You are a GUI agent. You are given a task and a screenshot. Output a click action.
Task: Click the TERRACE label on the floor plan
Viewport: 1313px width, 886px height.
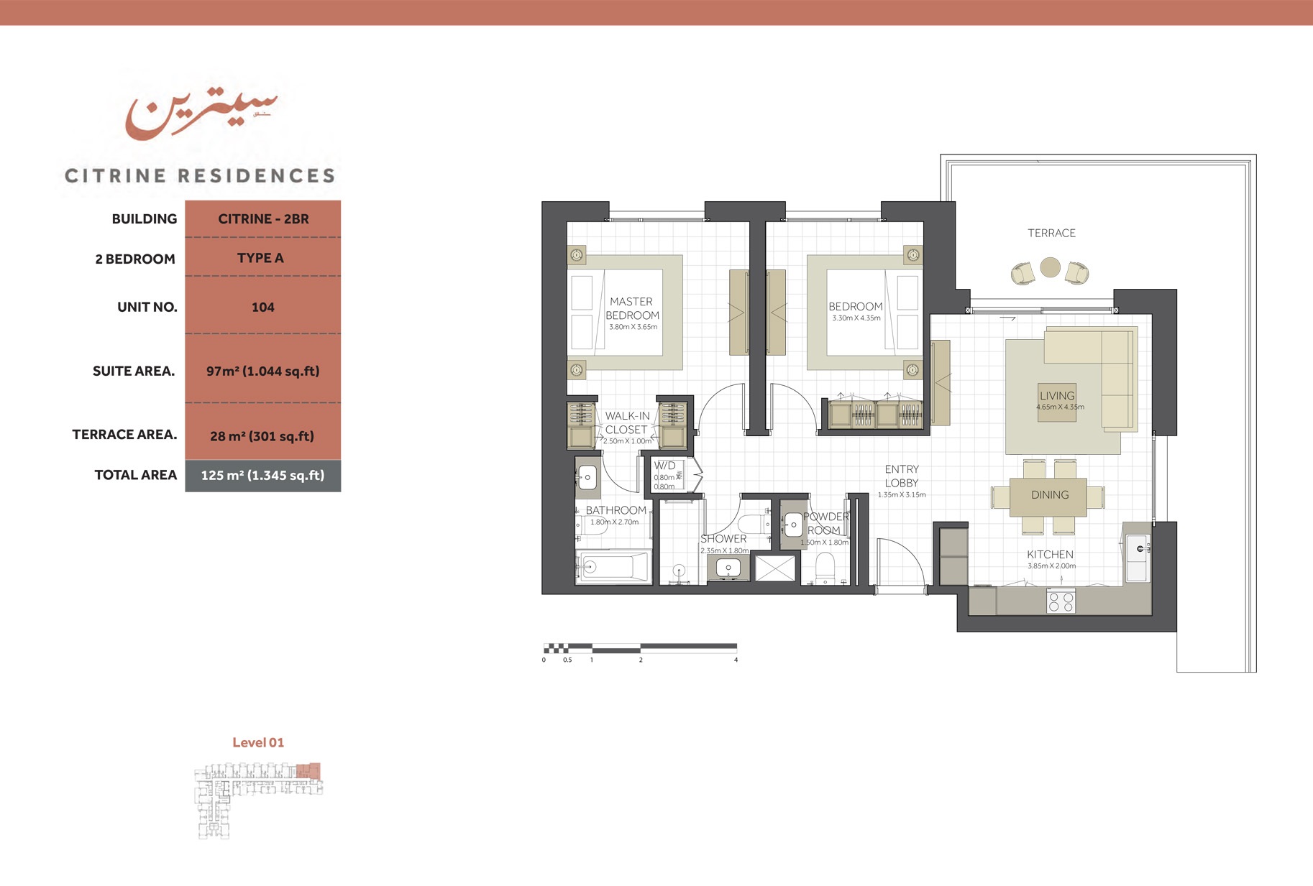click(x=1051, y=233)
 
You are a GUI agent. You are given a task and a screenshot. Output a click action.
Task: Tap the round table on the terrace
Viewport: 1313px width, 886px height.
click(x=1050, y=267)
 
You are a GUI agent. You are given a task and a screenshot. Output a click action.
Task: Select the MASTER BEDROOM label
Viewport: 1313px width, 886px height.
click(x=631, y=308)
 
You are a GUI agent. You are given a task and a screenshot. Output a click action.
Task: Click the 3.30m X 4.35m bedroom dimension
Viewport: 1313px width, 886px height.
click(x=856, y=318)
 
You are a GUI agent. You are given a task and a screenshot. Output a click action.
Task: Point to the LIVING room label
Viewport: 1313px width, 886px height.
click(x=1057, y=395)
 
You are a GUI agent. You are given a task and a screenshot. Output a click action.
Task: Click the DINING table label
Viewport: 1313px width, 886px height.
click(x=1050, y=494)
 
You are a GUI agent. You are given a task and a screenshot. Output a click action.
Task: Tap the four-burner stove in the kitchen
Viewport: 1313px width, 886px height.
click(x=1061, y=601)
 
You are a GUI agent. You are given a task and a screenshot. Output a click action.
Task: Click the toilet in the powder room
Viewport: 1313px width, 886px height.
click(x=825, y=569)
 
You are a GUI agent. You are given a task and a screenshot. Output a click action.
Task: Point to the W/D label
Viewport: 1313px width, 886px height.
click(x=664, y=466)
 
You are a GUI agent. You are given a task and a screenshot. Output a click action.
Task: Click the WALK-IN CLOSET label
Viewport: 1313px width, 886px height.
click(x=626, y=423)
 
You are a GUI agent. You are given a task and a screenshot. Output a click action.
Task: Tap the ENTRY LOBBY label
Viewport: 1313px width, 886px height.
click(x=902, y=476)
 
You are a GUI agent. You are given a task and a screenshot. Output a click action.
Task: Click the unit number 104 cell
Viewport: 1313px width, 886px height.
click(x=262, y=307)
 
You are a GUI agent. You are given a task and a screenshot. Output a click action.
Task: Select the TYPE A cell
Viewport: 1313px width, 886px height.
click(x=260, y=258)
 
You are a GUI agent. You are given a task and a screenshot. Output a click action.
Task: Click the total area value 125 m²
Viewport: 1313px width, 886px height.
click(x=262, y=475)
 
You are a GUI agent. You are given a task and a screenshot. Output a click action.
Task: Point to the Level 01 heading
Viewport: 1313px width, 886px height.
click(x=258, y=742)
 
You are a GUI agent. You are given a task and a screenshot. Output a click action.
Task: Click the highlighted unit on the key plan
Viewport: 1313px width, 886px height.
click(x=308, y=771)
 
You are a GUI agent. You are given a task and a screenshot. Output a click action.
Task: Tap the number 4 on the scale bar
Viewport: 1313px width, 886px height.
click(x=736, y=660)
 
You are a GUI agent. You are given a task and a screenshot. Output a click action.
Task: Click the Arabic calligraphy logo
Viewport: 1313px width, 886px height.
click(x=200, y=114)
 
